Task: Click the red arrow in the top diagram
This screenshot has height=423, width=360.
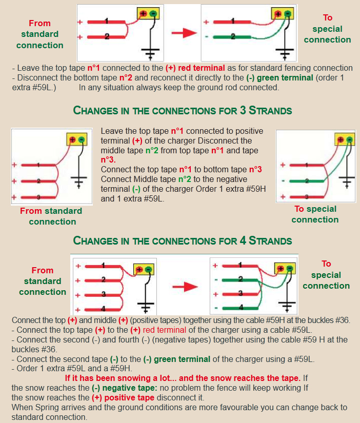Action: tap(184, 33)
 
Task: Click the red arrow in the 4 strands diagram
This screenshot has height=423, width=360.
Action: tap(185, 286)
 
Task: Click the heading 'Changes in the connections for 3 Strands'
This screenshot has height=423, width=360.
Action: tap(183, 110)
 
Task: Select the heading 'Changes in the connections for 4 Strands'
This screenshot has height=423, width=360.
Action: tap(183, 240)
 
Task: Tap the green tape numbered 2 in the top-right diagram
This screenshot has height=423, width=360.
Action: tap(233, 37)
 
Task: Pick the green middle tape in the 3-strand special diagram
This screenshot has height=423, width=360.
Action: tap(306, 181)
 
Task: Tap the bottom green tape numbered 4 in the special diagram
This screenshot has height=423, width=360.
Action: tap(242, 308)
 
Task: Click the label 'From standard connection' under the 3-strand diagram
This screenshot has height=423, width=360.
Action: tap(51, 216)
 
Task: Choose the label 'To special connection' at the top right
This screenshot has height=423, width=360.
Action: tap(327, 29)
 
